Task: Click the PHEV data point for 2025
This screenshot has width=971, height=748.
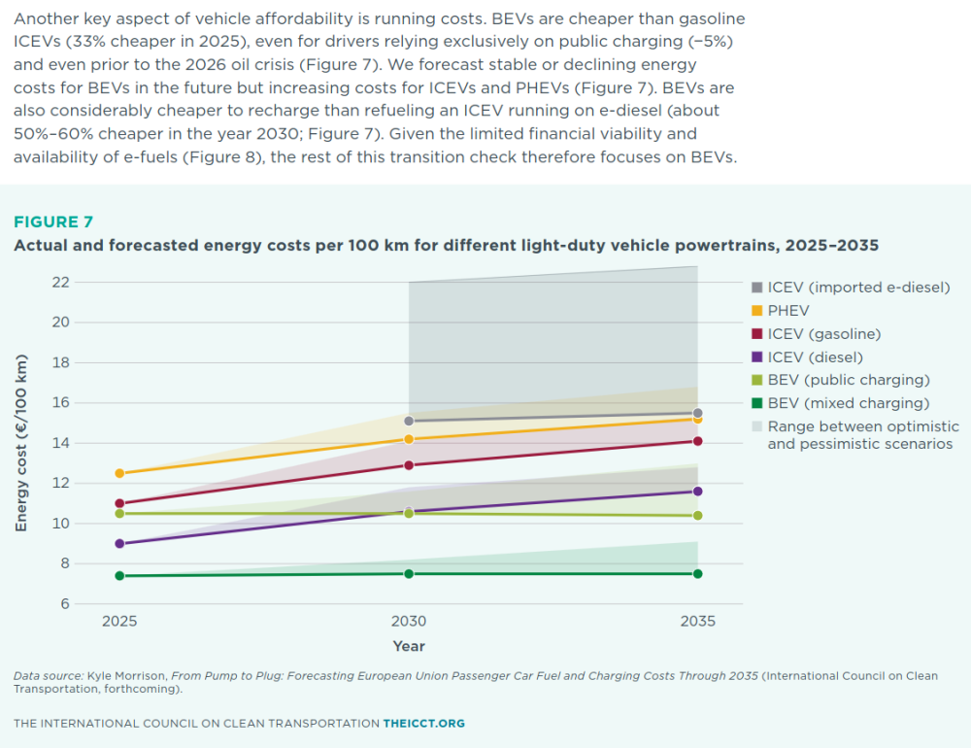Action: (119, 473)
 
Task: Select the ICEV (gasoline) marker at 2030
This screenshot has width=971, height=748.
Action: (409, 464)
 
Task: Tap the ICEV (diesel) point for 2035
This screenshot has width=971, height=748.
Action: (698, 492)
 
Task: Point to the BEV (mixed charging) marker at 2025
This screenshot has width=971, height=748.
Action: (119, 576)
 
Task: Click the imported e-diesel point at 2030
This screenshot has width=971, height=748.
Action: (409, 422)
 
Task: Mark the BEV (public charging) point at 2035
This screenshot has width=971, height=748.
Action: (698, 516)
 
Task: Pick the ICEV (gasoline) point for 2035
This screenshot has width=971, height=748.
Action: (698, 441)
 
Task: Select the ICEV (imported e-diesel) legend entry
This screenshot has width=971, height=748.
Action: (851, 288)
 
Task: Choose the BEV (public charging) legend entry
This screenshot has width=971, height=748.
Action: (841, 380)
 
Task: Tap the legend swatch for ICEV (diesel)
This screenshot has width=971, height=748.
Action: (756, 357)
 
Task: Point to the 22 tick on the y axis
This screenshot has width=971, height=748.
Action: (60, 283)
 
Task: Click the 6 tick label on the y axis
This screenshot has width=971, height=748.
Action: (65, 603)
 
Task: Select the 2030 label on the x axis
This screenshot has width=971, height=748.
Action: (409, 621)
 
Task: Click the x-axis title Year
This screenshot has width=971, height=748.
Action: (409, 646)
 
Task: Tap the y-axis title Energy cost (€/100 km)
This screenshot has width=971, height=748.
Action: (21, 443)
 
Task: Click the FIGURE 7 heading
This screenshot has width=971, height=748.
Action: (53, 221)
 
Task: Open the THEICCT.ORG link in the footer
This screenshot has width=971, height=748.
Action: (424, 723)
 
